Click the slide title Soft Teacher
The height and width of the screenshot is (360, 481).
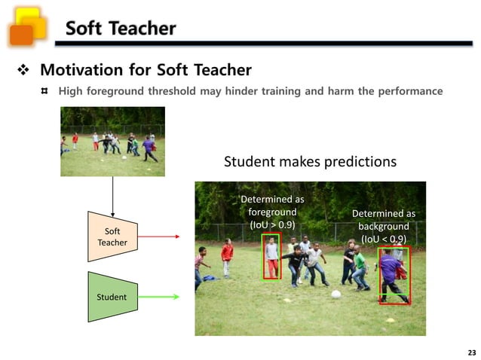(x=120, y=29)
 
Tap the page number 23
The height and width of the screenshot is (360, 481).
(x=472, y=352)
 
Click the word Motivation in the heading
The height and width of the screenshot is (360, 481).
(x=80, y=71)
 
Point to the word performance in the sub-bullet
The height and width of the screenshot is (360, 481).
(x=411, y=91)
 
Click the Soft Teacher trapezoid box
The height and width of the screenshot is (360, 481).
(x=112, y=236)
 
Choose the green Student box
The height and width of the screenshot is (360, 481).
(x=112, y=297)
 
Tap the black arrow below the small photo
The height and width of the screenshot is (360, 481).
(x=112, y=194)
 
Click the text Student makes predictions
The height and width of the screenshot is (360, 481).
(x=310, y=162)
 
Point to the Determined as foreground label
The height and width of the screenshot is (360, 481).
(x=272, y=212)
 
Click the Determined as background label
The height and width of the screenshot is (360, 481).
(x=384, y=226)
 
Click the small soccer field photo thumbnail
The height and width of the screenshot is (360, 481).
(x=112, y=142)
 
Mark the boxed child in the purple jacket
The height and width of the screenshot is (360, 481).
(x=392, y=275)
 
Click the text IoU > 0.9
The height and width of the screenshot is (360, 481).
(x=272, y=224)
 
